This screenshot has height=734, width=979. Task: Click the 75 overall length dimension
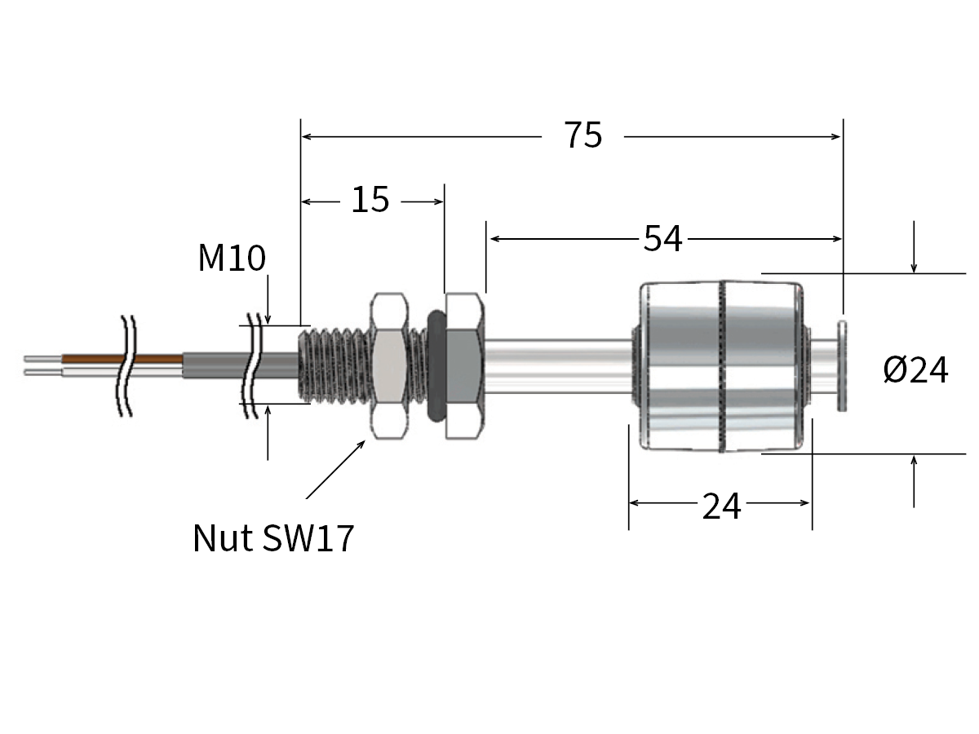click(583, 135)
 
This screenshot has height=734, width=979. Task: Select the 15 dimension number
click(370, 200)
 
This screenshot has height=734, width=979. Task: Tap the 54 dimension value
click(662, 239)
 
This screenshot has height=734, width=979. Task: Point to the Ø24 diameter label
click(915, 371)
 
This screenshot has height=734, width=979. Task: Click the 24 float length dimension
click(721, 506)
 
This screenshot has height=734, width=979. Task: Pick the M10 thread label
click(232, 259)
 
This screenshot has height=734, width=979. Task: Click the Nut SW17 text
click(273, 538)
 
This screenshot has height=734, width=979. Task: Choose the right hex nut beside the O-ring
click(465, 365)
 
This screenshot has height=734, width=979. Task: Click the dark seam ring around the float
click(720, 367)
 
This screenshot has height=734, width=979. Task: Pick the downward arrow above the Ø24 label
click(914, 249)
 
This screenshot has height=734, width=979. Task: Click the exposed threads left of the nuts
click(334, 365)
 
